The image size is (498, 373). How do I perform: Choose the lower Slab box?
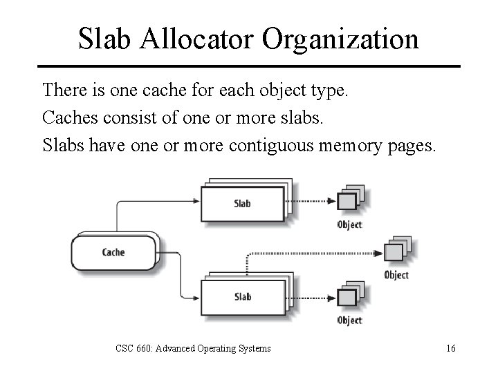point(242,296)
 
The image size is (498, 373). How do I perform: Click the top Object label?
point(349,224)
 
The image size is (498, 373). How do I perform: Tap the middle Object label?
point(396,275)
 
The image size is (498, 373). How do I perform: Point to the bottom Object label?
point(349,320)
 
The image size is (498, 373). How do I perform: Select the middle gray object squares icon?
point(395,250)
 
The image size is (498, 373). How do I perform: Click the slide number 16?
point(450,347)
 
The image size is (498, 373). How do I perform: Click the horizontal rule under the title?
point(248,66)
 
